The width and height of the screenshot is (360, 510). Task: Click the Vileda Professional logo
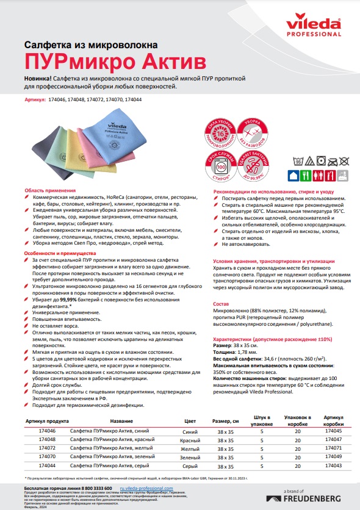click(317, 28)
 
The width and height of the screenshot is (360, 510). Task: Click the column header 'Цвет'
click(190, 421)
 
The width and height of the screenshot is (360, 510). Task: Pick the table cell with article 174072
click(47, 448)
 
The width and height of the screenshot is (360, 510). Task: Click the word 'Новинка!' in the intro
click(38, 79)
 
